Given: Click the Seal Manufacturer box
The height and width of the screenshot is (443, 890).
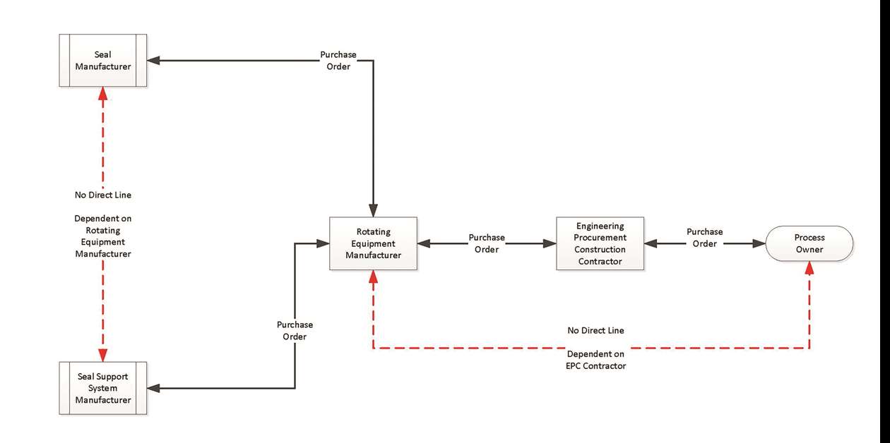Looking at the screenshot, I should tap(103, 61).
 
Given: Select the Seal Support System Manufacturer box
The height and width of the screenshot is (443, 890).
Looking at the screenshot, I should tap(103, 388).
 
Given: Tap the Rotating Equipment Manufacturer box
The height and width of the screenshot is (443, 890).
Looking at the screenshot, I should tap(373, 243).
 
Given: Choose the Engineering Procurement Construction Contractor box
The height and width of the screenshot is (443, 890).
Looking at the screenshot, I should tap(600, 243).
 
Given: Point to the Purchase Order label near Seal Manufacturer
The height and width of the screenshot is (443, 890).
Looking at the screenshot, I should tap(338, 61).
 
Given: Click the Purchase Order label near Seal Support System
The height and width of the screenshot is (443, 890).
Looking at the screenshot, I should tap(295, 331).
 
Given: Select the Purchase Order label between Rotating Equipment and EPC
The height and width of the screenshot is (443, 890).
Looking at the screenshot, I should tap(487, 243).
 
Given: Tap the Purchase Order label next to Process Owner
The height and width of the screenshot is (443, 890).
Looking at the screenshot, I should tap(704, 237).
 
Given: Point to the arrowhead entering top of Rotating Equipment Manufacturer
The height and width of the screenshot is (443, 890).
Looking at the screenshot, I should tap(373, 211).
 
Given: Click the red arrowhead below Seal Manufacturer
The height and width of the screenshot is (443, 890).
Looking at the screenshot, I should tap(103, 94).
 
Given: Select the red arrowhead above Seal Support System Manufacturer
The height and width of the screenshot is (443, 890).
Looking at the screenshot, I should tap(103, 354).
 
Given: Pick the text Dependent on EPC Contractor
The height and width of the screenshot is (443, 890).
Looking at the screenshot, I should tap(595, 360).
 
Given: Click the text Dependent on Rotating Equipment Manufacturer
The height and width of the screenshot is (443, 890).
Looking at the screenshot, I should tap(103, 236).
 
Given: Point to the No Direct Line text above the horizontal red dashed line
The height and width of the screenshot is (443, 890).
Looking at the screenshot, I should tap(595, 330).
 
